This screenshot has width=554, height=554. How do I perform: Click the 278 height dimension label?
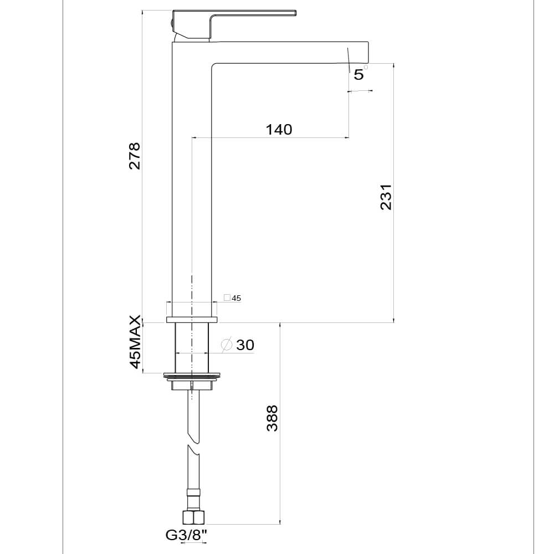tap(134, 156)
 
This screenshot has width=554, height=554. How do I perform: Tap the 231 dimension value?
tap(386, 197)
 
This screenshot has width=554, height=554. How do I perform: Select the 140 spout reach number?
tap(279, 130)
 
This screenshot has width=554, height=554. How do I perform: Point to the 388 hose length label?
tap(272, 418)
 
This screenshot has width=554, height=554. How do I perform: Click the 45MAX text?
tap(135, 342)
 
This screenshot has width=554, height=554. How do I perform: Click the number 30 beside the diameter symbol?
tap(245, 345)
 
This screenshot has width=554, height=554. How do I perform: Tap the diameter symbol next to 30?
tap(226, 345)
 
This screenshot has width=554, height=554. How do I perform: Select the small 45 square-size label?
tap(237, 298)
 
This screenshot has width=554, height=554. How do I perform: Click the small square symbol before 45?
tap(227, 298)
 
